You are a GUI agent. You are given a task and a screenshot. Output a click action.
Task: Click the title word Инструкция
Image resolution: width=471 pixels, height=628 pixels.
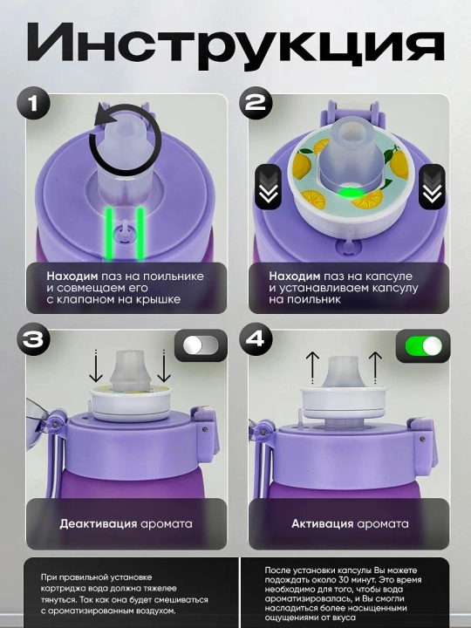tap(235, 44)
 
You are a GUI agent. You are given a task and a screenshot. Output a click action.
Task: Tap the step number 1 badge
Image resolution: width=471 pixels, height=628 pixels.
tap(34, 104)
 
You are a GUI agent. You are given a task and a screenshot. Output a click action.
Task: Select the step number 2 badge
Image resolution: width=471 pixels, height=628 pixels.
tap(256, 103)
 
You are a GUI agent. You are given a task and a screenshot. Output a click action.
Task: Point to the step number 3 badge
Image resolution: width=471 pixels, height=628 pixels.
tap(34, 339)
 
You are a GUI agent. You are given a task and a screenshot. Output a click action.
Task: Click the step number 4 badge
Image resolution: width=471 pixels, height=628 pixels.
tap(256, 338)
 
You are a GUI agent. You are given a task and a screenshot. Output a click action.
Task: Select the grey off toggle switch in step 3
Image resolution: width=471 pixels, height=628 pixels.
tap(201, 345)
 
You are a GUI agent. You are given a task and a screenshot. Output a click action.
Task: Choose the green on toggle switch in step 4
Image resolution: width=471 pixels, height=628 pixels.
tap(424, 346)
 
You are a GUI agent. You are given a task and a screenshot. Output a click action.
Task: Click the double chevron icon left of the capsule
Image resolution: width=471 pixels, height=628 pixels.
tap(268, 187)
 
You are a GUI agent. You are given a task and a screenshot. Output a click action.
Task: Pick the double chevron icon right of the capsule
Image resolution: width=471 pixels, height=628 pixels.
tap(432, 187)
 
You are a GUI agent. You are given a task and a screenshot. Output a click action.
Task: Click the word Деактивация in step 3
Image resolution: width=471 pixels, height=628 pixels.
tap(97, 524)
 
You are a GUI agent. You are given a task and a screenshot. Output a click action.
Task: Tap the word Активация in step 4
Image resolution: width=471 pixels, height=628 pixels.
tap(323, 524)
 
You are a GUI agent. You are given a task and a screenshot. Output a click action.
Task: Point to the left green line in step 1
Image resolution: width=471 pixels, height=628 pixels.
tap(109, 234)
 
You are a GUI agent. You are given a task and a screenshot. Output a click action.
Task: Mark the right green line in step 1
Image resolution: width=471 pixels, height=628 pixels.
tap(140, 234)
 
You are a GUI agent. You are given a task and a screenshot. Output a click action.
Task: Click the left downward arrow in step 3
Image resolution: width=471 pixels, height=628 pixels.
tap(96, 366)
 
